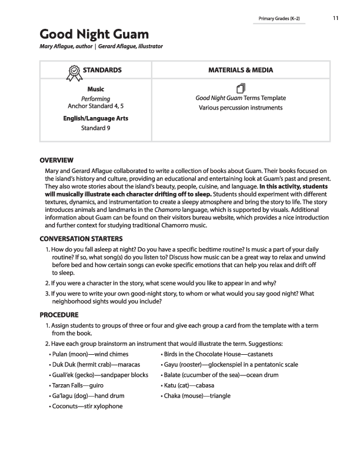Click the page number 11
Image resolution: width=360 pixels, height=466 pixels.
coord(335,18)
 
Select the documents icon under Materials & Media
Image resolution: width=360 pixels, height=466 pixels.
coord(240,88)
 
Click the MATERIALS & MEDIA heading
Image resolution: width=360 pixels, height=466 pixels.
coord(241,70)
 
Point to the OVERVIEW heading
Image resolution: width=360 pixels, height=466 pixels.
coord(56,160)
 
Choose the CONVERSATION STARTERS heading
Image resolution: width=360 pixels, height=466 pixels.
coord(81,239)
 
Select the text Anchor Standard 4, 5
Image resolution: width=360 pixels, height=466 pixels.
coord(95,106)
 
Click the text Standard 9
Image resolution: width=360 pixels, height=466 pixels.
coord(95,128)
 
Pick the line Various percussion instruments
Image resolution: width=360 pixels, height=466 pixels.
coord(241,108)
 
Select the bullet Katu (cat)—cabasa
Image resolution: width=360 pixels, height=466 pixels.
coord(188,385)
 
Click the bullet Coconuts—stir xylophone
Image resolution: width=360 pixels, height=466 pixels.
coord(86,407)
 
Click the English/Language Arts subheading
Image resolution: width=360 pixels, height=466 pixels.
coord(95,118)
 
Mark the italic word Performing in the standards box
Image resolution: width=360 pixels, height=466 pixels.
coord(95,99)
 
